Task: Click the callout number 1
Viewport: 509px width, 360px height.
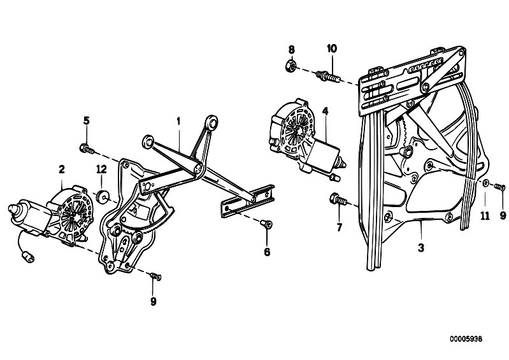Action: point(178,122)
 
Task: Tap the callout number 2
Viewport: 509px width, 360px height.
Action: point(62,169)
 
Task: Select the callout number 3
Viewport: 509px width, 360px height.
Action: point(421,248)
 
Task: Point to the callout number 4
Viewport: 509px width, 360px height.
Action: point(326,112)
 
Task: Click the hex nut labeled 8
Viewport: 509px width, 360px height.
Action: point(290,66)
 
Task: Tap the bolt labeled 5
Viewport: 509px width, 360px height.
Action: point(87,148)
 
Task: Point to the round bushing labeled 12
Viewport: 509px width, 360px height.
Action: point(103,196)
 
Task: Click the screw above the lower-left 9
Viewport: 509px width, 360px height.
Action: point(155,277)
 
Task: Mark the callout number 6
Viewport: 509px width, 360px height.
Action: point(267,252)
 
